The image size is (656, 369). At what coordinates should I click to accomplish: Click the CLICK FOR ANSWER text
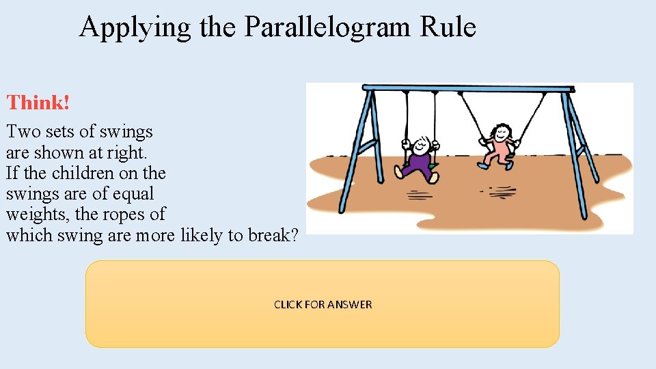click(323, 304)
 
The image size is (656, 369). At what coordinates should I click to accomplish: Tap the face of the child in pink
click(503, 131)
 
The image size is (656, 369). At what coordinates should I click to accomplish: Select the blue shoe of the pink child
click(484, 165)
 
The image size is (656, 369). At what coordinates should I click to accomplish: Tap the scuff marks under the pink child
click(502, 191)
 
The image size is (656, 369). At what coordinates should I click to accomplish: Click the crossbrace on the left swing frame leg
click(366, 146)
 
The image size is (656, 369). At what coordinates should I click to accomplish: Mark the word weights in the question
click(38, 215)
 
